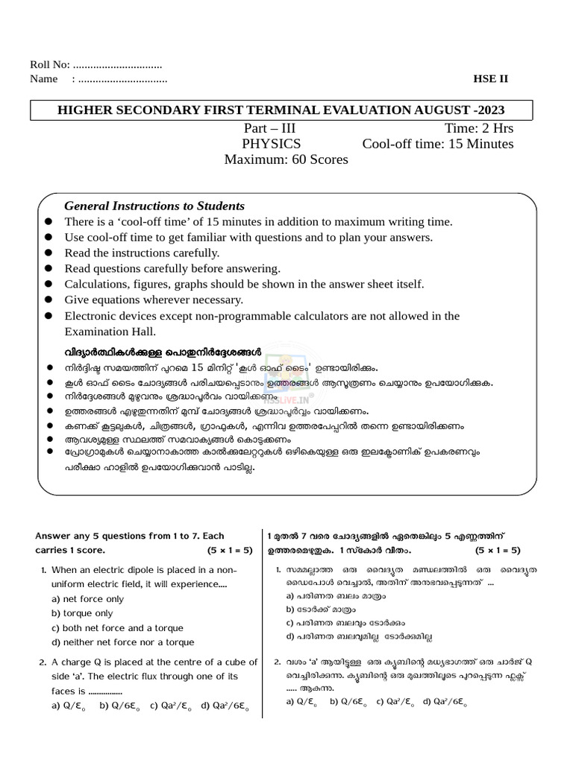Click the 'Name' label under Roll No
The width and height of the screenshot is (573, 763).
(x=44, y=79)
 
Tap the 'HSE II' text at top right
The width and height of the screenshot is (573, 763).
(x=490, y=79)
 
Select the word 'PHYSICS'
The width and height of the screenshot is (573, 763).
(x=272, y=144)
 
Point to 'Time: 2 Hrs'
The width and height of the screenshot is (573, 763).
(x=478, y=128)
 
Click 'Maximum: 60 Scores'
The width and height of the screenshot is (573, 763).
(x=286, y=159)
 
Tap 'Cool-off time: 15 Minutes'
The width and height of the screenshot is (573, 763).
(x=438, y=144)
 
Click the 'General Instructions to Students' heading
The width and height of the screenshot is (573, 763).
(x=154, y=206)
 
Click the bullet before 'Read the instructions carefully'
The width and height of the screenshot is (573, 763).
(x=48, y=253)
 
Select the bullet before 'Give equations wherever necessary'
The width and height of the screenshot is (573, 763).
(x=48, y=300)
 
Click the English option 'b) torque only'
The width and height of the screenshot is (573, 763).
(x=82, y=613)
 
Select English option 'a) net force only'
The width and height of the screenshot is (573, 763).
(x=87, y=599)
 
